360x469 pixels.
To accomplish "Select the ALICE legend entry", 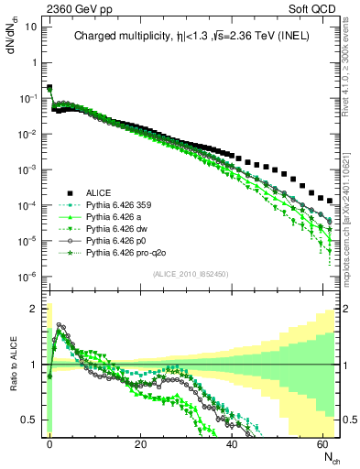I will click(x=99, y=192).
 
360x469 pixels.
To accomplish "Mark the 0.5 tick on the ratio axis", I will click(x=29, y=420).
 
